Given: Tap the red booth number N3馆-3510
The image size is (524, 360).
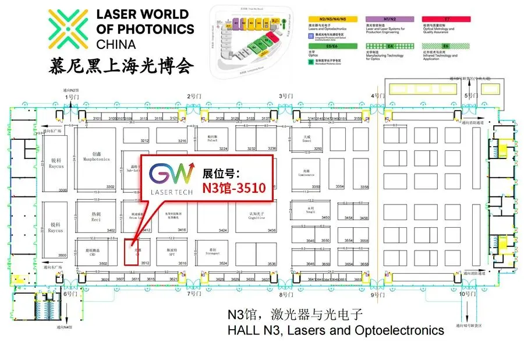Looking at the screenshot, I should (x=233, y=188).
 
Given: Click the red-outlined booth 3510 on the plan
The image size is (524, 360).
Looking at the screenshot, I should (x=132, y=252).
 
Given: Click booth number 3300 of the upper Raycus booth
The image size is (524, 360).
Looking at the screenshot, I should (x=63, y=190).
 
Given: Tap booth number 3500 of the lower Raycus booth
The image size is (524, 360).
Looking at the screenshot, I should (x=63, y=255).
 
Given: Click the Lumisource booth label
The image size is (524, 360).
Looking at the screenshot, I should (x=306, y=173).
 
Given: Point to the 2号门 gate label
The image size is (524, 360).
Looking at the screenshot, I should (x=194, y=96).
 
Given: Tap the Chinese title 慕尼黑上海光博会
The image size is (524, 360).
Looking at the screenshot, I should (x=121, y=63).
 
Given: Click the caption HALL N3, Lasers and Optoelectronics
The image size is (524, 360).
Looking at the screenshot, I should (x=335, y=330).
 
